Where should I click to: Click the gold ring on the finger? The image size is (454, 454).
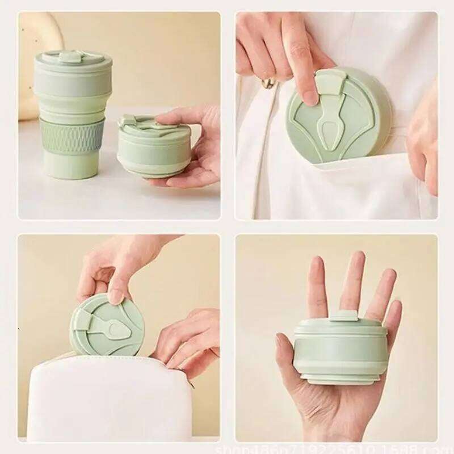(x=268, y=83)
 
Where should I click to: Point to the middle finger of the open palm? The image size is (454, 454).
(x=352, y=278)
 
